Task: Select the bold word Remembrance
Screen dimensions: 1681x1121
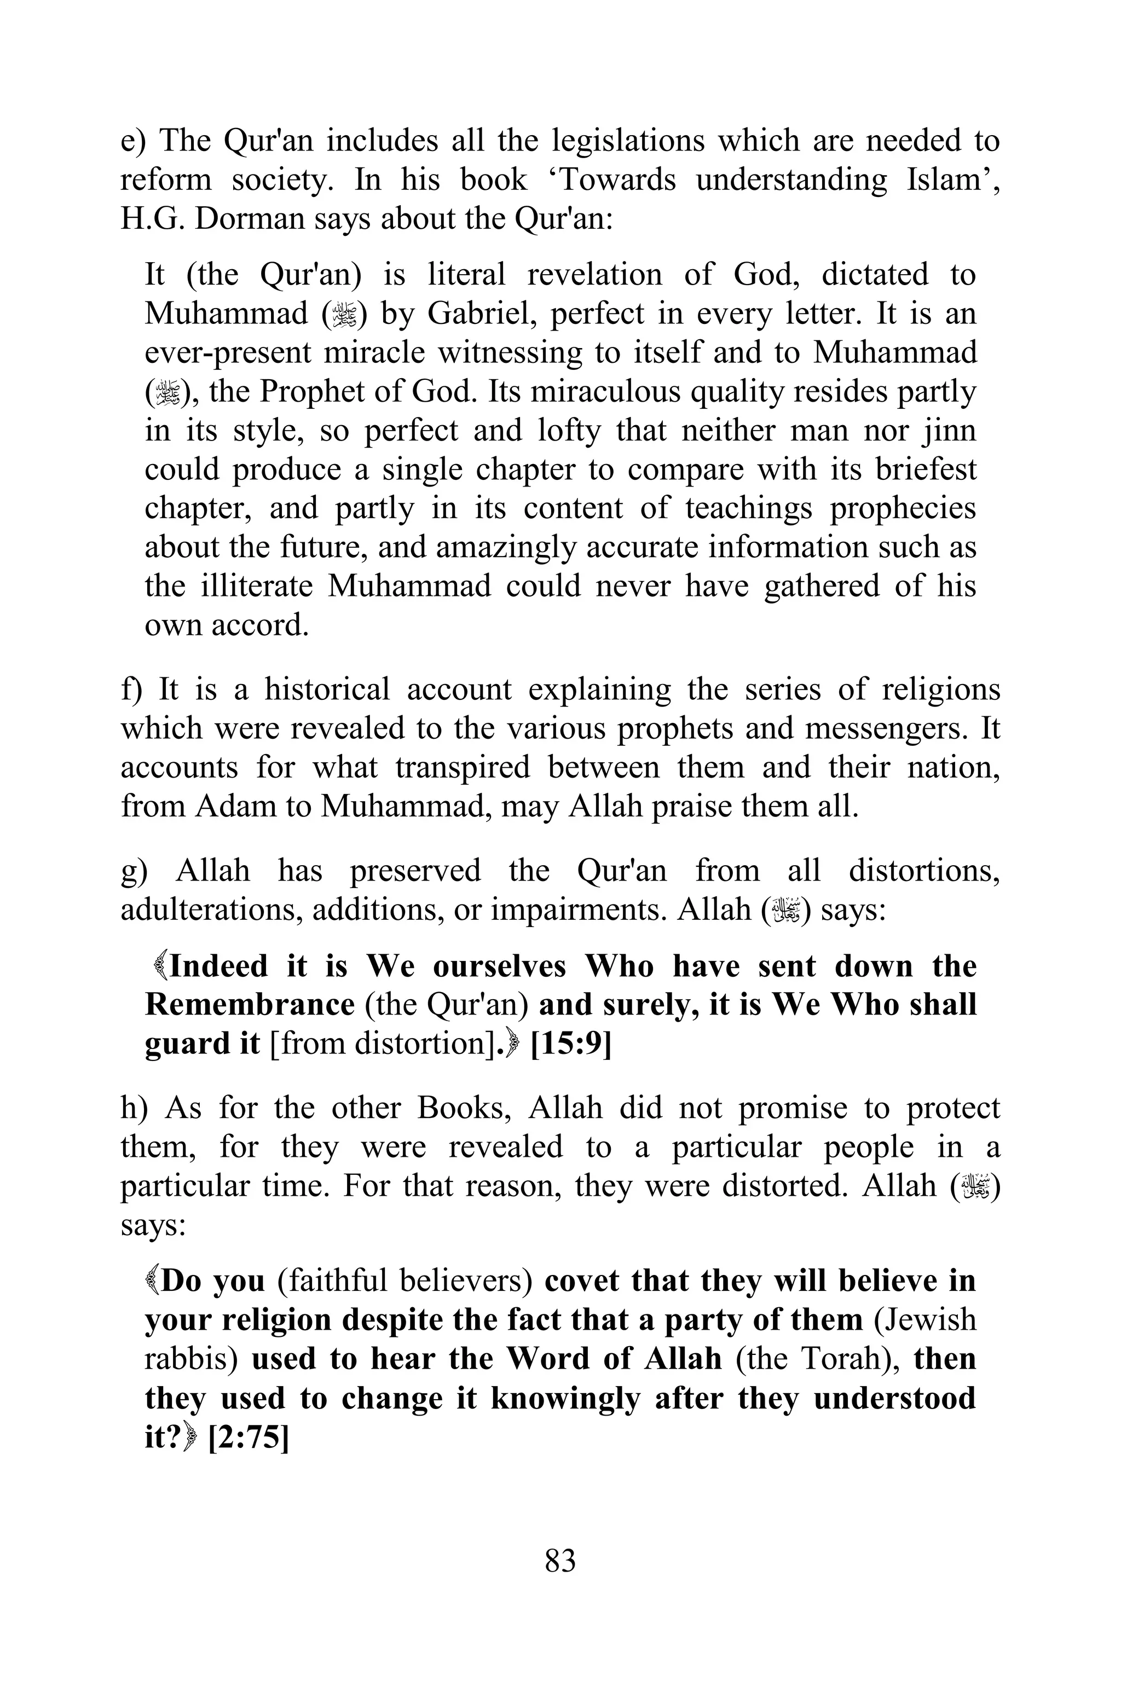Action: [x=250, y=1005]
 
